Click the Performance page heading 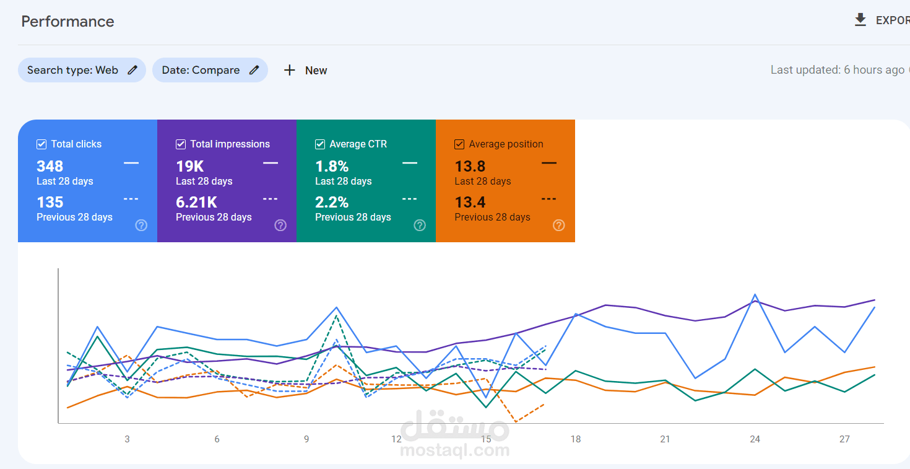67,22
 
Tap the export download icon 860,20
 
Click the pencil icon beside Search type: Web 132,70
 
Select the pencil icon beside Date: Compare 254,70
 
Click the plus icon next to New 289,70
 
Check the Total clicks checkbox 41,144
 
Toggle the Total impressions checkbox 181,144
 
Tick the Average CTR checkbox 320,144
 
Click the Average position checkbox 459,144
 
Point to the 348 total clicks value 50,166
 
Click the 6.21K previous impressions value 197,202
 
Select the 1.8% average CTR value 332,166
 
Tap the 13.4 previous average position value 470,202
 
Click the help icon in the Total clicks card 141,225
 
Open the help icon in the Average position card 559,225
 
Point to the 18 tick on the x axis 576,439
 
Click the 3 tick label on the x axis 127,439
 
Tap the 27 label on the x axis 844,439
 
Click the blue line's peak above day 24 755,294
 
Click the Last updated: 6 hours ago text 838,70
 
